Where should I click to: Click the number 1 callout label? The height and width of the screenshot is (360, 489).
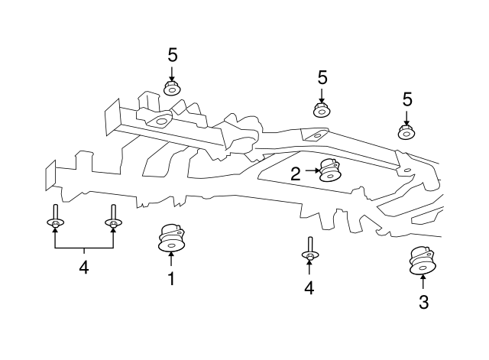coord(171,278)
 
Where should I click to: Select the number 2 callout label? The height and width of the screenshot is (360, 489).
coord(296,174)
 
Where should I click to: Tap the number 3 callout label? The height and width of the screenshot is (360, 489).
coord(423,302)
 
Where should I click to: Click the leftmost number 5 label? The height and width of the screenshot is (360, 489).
coord(173,55)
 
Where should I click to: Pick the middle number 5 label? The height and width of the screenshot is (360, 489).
coord(322,77)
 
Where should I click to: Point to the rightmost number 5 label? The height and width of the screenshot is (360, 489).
coord(407,99)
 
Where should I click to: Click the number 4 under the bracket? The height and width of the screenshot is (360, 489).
coord(84,267)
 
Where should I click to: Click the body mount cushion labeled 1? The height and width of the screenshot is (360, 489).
coord(171,238)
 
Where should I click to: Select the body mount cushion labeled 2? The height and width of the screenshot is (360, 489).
coord(330,170)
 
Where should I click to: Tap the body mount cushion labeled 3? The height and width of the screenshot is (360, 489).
coord(423,261)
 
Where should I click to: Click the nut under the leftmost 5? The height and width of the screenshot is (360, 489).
coord(172,88)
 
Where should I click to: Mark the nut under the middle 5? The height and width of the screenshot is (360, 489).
coord(322,109)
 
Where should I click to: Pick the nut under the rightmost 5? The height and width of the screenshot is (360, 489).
coord(406,132)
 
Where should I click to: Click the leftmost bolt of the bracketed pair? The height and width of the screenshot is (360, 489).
coord(56,216)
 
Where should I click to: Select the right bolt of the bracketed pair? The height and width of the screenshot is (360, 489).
coord(113,216)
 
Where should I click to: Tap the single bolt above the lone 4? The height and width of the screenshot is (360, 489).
coord(310,248)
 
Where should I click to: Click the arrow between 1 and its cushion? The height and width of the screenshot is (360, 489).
coord(171,258)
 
